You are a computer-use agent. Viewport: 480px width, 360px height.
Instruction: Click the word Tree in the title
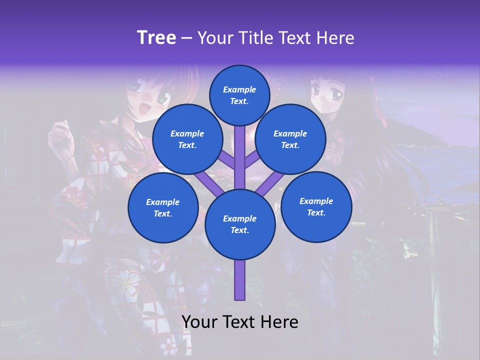(156, 37)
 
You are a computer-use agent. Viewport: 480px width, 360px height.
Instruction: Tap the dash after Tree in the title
(187, 38)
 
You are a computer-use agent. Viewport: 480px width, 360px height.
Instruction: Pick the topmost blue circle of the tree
(239, 95)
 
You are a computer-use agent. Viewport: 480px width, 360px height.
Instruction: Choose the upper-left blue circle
(187, 139)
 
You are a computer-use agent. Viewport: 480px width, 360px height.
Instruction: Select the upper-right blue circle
(290, 139)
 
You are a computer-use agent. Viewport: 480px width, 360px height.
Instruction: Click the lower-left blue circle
(163, 207)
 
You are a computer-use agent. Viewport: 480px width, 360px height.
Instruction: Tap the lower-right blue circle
(316, 206)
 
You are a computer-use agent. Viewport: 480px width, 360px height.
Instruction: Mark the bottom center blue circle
(240, 224)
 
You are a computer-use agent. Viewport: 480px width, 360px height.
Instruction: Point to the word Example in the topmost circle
(239, 89)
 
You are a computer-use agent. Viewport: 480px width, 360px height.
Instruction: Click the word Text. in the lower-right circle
(316, 212)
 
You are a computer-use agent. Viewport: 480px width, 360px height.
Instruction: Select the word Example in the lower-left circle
(163, 202)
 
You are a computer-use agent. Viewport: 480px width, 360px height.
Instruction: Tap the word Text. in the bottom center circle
(239, 230)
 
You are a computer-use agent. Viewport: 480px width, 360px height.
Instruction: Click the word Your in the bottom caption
(200, 322)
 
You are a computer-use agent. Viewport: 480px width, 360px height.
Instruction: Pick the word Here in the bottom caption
(280, 322)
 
